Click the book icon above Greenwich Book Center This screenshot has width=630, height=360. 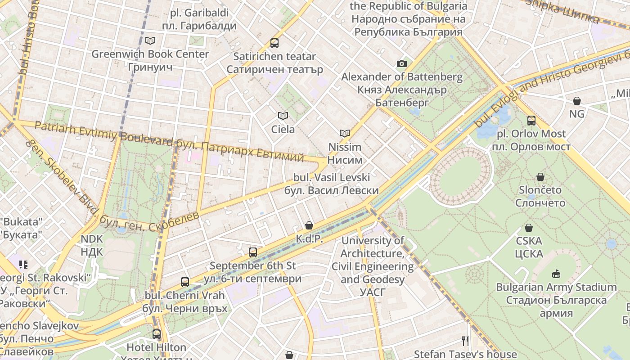[x=150, y=41]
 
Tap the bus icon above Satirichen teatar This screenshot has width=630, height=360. [x=274, y=43]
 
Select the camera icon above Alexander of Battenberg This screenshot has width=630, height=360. [x=402, y=64]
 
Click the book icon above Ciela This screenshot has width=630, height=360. [x=283, y=116]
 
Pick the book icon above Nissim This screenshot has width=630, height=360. [x=345, y=134]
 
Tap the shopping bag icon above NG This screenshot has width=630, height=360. [x=576, y=101]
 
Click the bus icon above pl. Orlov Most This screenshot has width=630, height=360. [x=531, y=121]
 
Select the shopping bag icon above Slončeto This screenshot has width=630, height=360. [x=540, y=177]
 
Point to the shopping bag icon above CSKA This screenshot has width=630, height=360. [x=529, y=228]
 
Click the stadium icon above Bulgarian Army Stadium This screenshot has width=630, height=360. [x=556, y=274]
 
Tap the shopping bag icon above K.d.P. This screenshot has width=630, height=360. [x=309, y=225]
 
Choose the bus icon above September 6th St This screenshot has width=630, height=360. [x=253, y=252]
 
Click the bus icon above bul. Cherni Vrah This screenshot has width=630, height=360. [x=184, y=282]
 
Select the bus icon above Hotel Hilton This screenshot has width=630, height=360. [x=156, y=334]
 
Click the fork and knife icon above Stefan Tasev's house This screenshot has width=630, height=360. [x=465, y=341]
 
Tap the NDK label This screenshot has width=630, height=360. [x=92, y=245]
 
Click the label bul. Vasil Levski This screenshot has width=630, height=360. [x=332, y=184]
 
